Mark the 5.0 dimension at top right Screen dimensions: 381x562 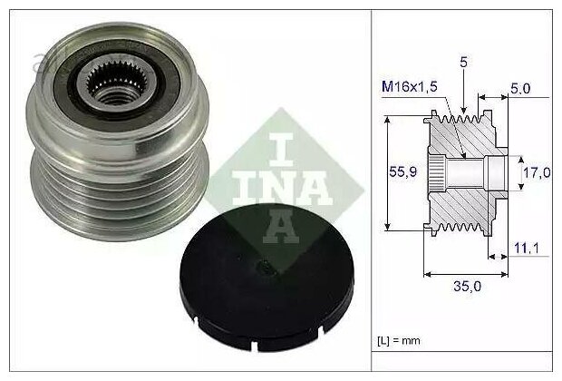[520, 88]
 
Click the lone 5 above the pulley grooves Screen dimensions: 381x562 [462, 63]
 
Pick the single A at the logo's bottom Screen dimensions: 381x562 [282, 226]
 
